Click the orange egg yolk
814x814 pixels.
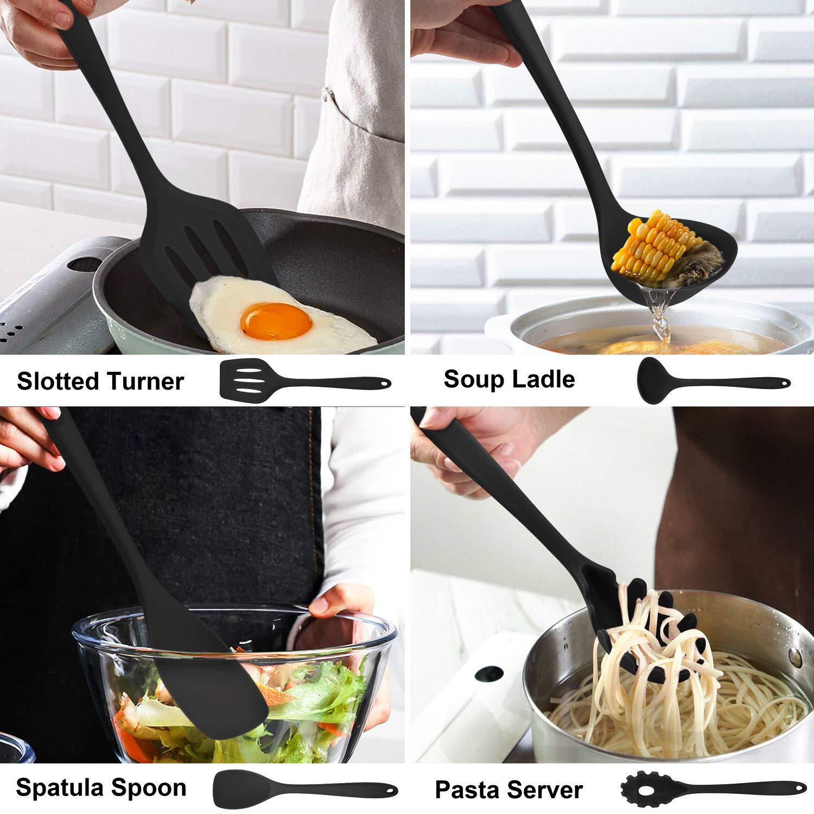(x=276, y=320)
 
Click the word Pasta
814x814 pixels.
(x=470, y=790)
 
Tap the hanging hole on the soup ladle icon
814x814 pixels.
(x=781, y=383)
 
